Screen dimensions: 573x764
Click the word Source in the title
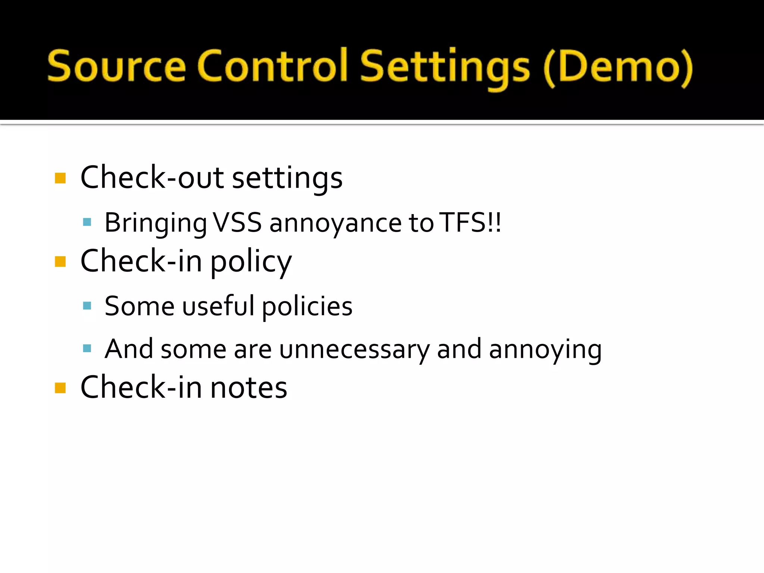click(116, 66)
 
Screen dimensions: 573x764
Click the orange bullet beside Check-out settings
click(60, 178)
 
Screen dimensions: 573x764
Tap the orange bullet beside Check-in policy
click(60, 262)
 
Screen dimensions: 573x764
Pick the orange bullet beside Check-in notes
click(60, 388)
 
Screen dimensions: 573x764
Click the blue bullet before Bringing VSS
click(87, 222)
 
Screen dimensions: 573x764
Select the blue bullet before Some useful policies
click(87, 306)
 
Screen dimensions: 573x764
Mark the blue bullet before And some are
click(87, 349)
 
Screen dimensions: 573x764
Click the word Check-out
click(152, 178)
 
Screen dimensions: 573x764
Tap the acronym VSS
click(237, 223)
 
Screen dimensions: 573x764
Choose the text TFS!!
click(470, 223)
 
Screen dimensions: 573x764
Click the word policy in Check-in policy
click(251, 262)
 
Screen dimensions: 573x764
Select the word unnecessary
click(354, 350)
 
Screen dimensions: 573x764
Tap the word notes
click(249, 388)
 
